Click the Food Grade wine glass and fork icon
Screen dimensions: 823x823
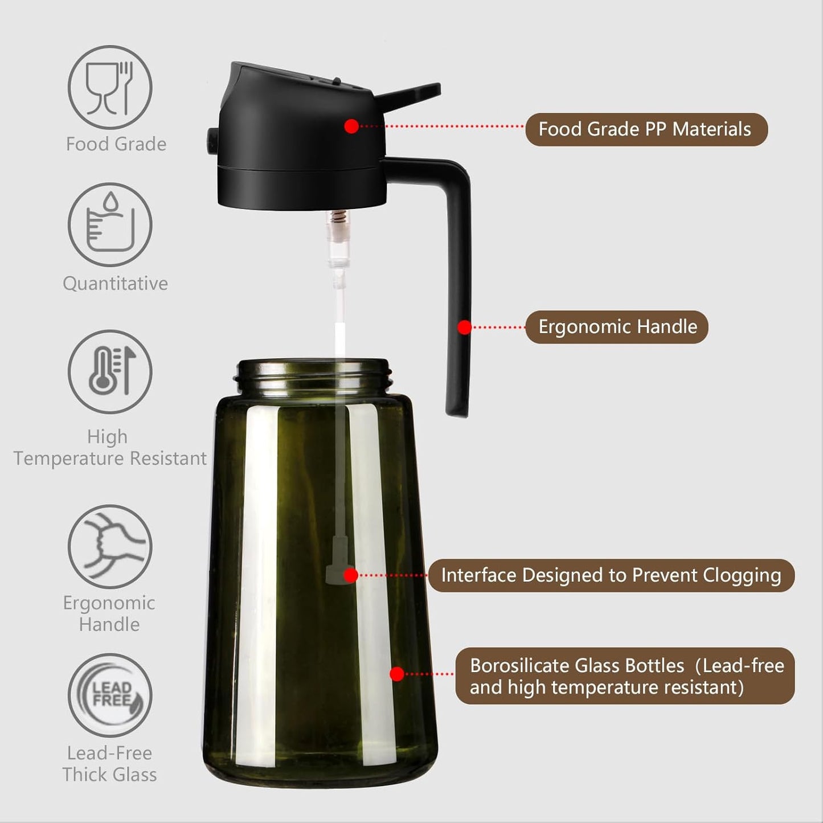110,88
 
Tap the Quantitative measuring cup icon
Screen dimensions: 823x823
110,224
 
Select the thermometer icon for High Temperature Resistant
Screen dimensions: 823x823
110,371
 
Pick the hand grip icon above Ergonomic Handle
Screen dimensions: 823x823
110,546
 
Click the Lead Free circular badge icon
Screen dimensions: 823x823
110,695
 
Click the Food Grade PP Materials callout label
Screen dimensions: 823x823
646,129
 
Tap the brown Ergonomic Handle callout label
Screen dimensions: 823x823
617,327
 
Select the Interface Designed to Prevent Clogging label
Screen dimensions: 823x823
611,575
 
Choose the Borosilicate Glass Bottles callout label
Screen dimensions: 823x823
625,676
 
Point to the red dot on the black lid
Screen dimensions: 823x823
351,126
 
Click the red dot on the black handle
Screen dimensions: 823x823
465,327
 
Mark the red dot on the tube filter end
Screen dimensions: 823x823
351,575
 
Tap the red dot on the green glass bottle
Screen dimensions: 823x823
397,674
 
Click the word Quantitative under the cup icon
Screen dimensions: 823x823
115,283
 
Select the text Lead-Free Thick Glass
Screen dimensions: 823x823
109,764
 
